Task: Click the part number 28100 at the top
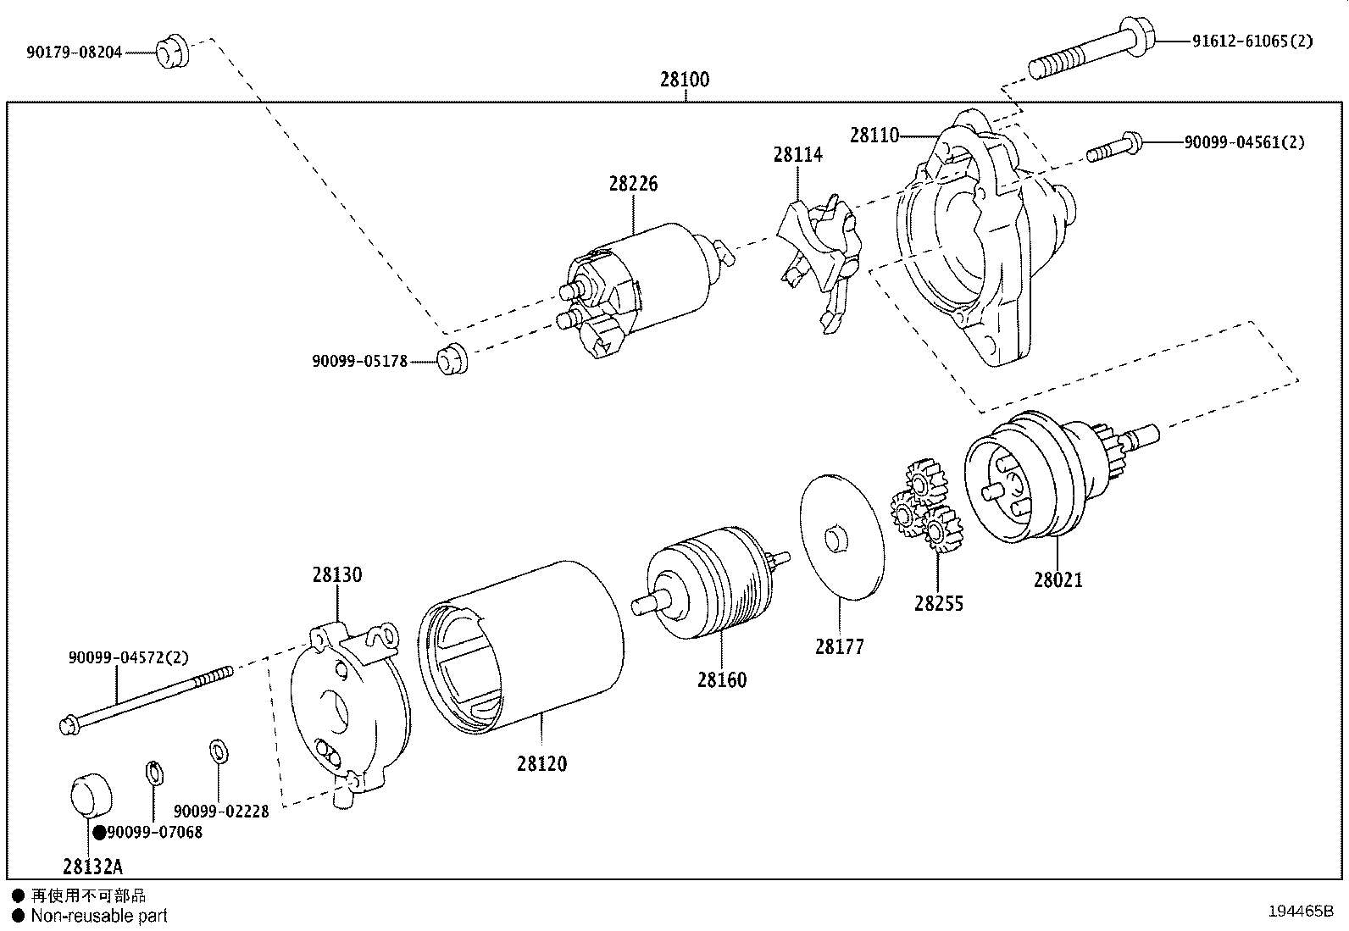[685, 80]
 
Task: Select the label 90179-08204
[74, 53]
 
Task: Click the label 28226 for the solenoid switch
[633, 184]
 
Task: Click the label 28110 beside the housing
[874, 135]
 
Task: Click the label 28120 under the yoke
[541, 763]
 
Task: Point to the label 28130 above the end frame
[336, 574]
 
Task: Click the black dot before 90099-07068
[99, 833]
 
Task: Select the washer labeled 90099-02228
[218, 751]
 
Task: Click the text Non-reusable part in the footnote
[99, 916]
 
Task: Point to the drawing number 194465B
[1302, 912]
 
